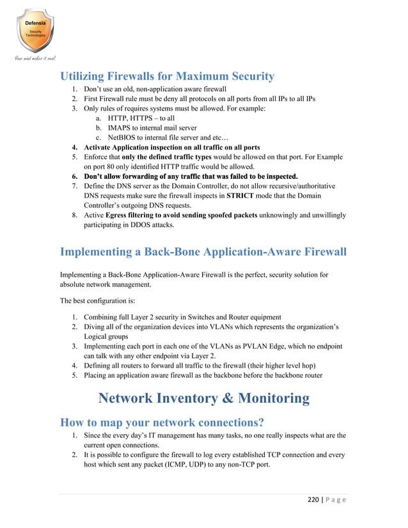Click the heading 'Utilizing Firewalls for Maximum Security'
167,76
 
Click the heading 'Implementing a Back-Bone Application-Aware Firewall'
203,252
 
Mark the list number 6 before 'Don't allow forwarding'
75,176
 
